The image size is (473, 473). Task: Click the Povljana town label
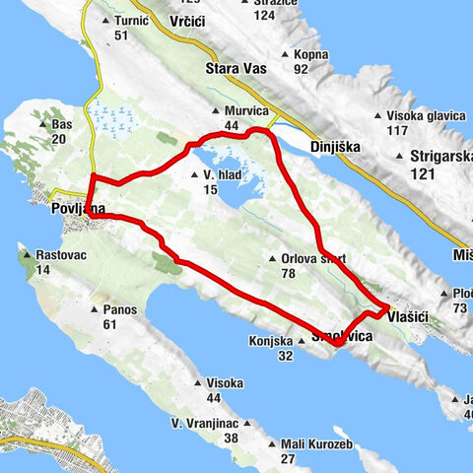pyautogui.click(x=74, y=208)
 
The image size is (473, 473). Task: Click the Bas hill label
pyautogui.click(x=62, y=125)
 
